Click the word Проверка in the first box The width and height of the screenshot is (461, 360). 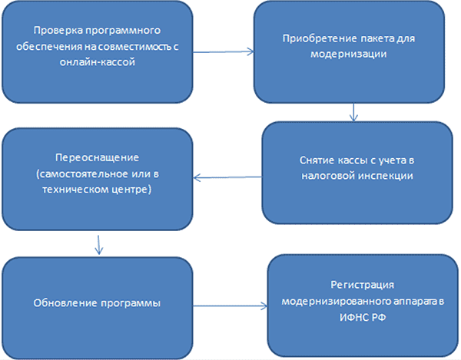[x=55, y=32]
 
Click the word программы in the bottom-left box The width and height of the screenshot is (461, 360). [x=130, y=302]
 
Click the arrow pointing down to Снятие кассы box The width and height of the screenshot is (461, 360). [x=353, y=112]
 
